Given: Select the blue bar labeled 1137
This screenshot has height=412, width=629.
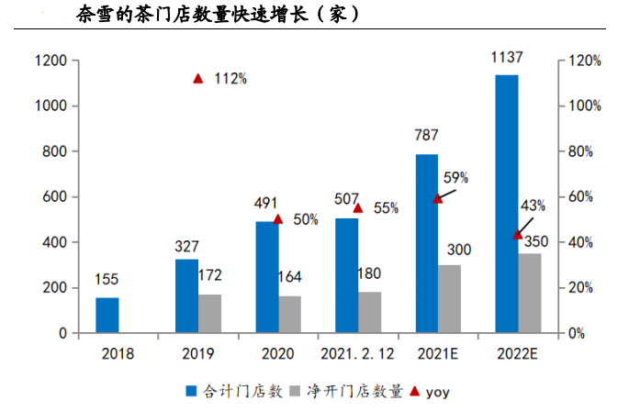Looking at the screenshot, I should (x=507, y=204).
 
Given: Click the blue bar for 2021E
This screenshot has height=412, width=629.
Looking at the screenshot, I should (x=427, y=243).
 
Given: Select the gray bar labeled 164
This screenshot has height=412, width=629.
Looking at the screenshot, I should (x=290, y=314).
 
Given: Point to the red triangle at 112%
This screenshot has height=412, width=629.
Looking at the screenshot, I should (x=198, y=79).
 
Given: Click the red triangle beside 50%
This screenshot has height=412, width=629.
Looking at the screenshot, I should (x=278, y=219).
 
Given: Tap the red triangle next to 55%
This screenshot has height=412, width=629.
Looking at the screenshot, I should (x=358, y=208).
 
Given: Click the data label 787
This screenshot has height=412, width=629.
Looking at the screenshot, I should (x=427, y=136).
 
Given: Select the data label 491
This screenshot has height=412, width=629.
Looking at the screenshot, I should (x=266, y=204).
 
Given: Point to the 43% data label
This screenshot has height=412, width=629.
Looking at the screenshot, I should (x=533, y=205).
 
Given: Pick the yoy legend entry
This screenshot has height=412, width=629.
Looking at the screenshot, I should (x=431, y=392).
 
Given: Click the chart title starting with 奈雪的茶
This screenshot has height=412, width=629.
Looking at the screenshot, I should (x=216, y=15).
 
